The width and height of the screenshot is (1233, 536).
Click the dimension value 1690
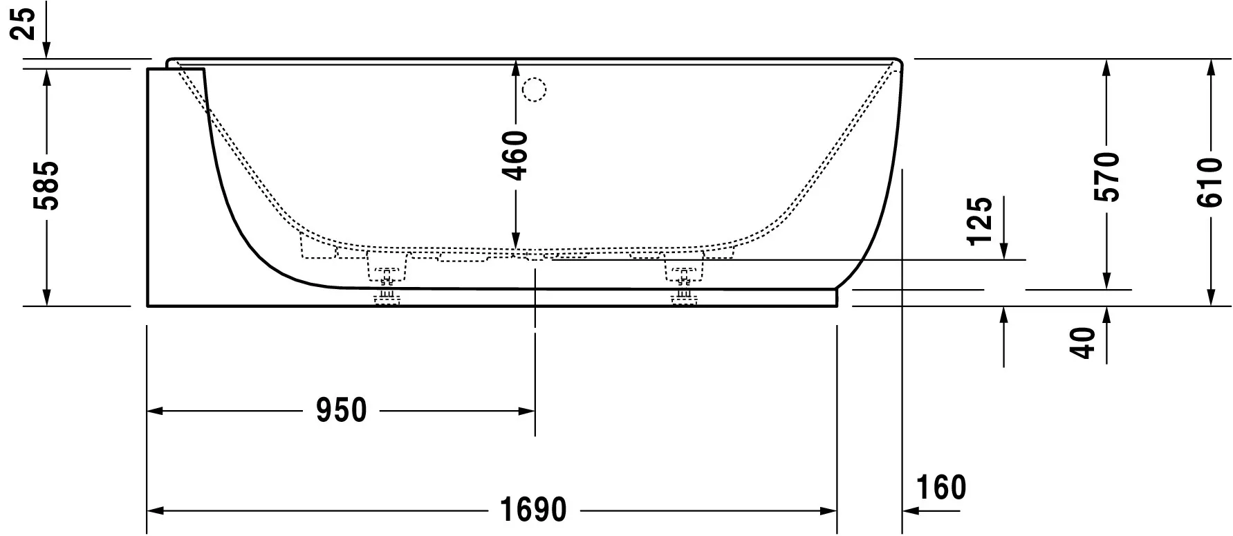pyautogui.click(x=532, y=511)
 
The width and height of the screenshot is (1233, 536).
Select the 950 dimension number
pyautogui.click(x=341, y=411)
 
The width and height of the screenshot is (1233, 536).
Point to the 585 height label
pyautogui.click(x=47, y=186)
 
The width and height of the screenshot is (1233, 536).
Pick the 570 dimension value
pyautogui.click(x=1106, y=176)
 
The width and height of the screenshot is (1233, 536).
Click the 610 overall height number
pyautogui.click(x=1210, y=183)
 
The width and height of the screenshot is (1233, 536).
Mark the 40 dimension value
pyautogui.click(x=1083, y=342)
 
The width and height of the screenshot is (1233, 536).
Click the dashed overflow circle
pyautogui.click(x=534, y=89)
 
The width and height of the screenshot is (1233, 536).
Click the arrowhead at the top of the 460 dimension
pyautogui.click(x=516, y=67)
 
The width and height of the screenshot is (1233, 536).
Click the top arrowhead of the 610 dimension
pyautogui.click(x=1210, y=67)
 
